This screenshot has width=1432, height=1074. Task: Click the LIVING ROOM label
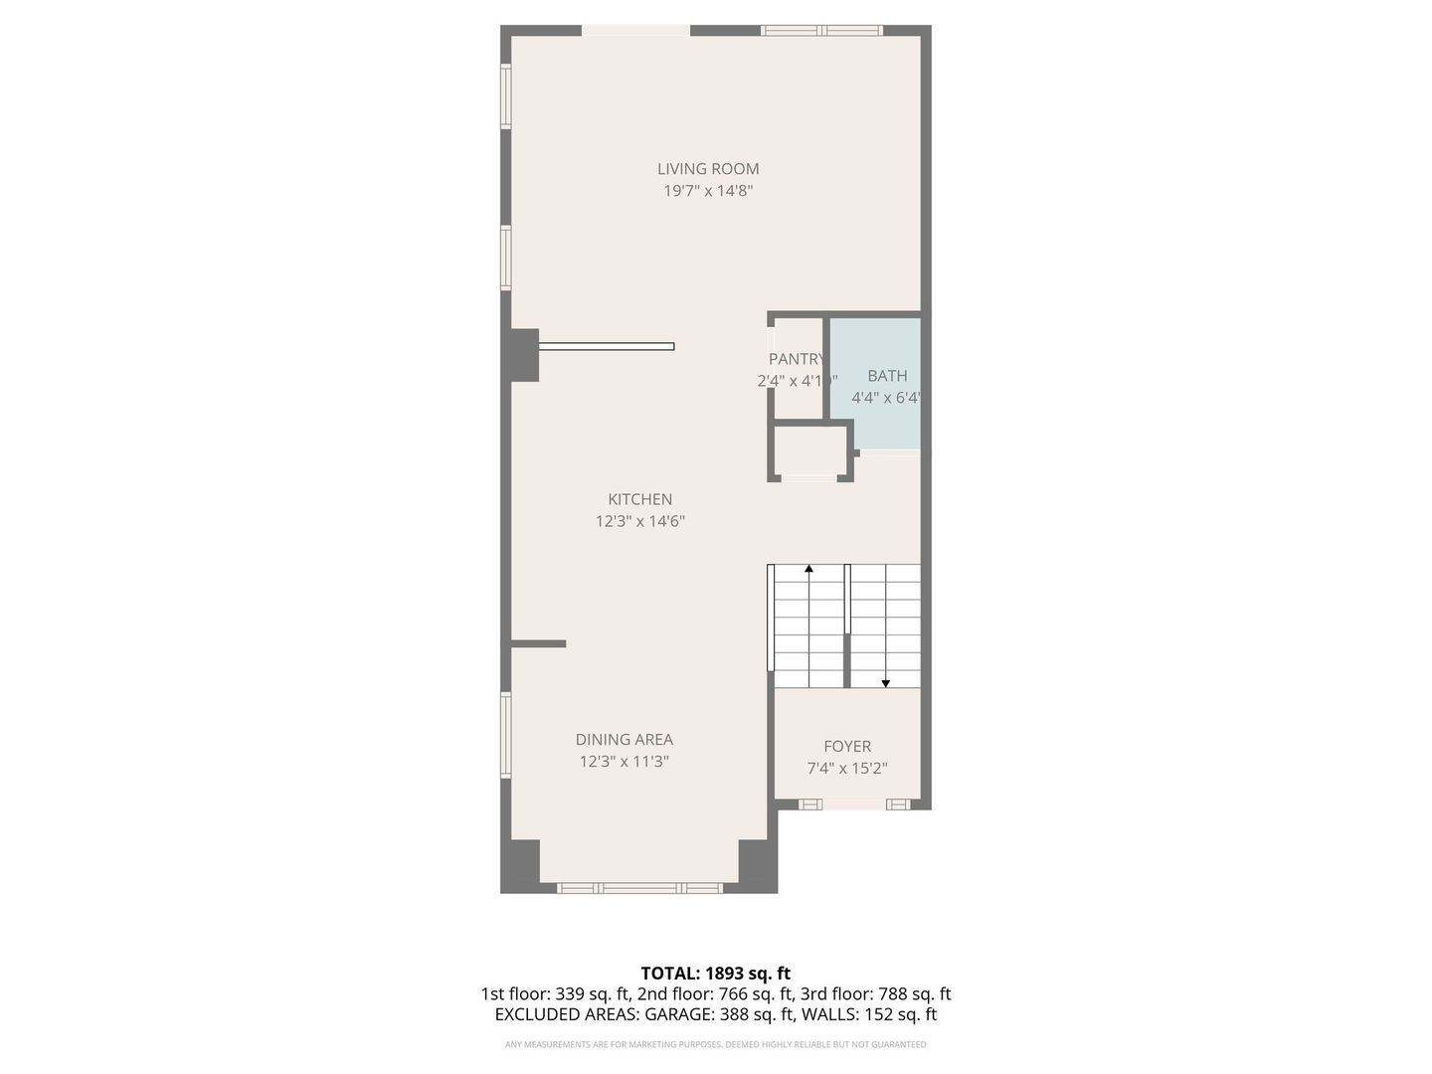(708, 169)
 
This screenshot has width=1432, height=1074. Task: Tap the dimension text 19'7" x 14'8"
(708, 191)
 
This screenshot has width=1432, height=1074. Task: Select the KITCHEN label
(640, 499)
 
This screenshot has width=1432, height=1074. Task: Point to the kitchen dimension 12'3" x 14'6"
(640, 521)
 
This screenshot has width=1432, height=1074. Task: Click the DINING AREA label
(625, 739)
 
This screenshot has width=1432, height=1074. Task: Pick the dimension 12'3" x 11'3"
(625, 762)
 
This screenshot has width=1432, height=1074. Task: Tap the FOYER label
(847, 746)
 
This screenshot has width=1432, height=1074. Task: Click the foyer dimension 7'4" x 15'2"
(847, 769)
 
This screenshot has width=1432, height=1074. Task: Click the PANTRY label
(796, 359)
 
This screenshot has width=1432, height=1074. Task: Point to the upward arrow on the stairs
(808, 570)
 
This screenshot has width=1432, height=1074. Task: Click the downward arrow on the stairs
(885, 683)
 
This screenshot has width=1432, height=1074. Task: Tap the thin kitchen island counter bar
(607, 346)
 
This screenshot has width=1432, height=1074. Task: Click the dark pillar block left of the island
(523, 355)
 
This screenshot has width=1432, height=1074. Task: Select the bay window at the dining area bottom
(639, 887)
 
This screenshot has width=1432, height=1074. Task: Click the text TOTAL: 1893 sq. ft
(715, 974)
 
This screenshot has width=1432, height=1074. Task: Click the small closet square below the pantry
(810, 450)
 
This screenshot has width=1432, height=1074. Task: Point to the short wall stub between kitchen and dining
(538, 644)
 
